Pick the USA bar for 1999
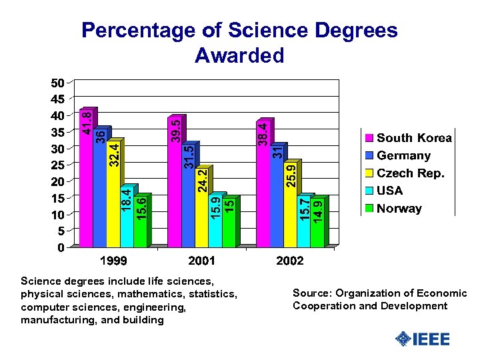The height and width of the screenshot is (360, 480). coord(127,217)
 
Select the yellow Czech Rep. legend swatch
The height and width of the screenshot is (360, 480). coord(368,173)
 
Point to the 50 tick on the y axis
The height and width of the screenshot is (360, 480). coord(57,83)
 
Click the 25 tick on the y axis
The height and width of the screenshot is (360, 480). coord(57,165)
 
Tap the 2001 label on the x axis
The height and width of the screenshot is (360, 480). coord(201,261)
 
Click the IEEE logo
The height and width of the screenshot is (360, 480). coord(423,339)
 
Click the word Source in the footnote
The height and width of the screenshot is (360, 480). coord(311,293)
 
